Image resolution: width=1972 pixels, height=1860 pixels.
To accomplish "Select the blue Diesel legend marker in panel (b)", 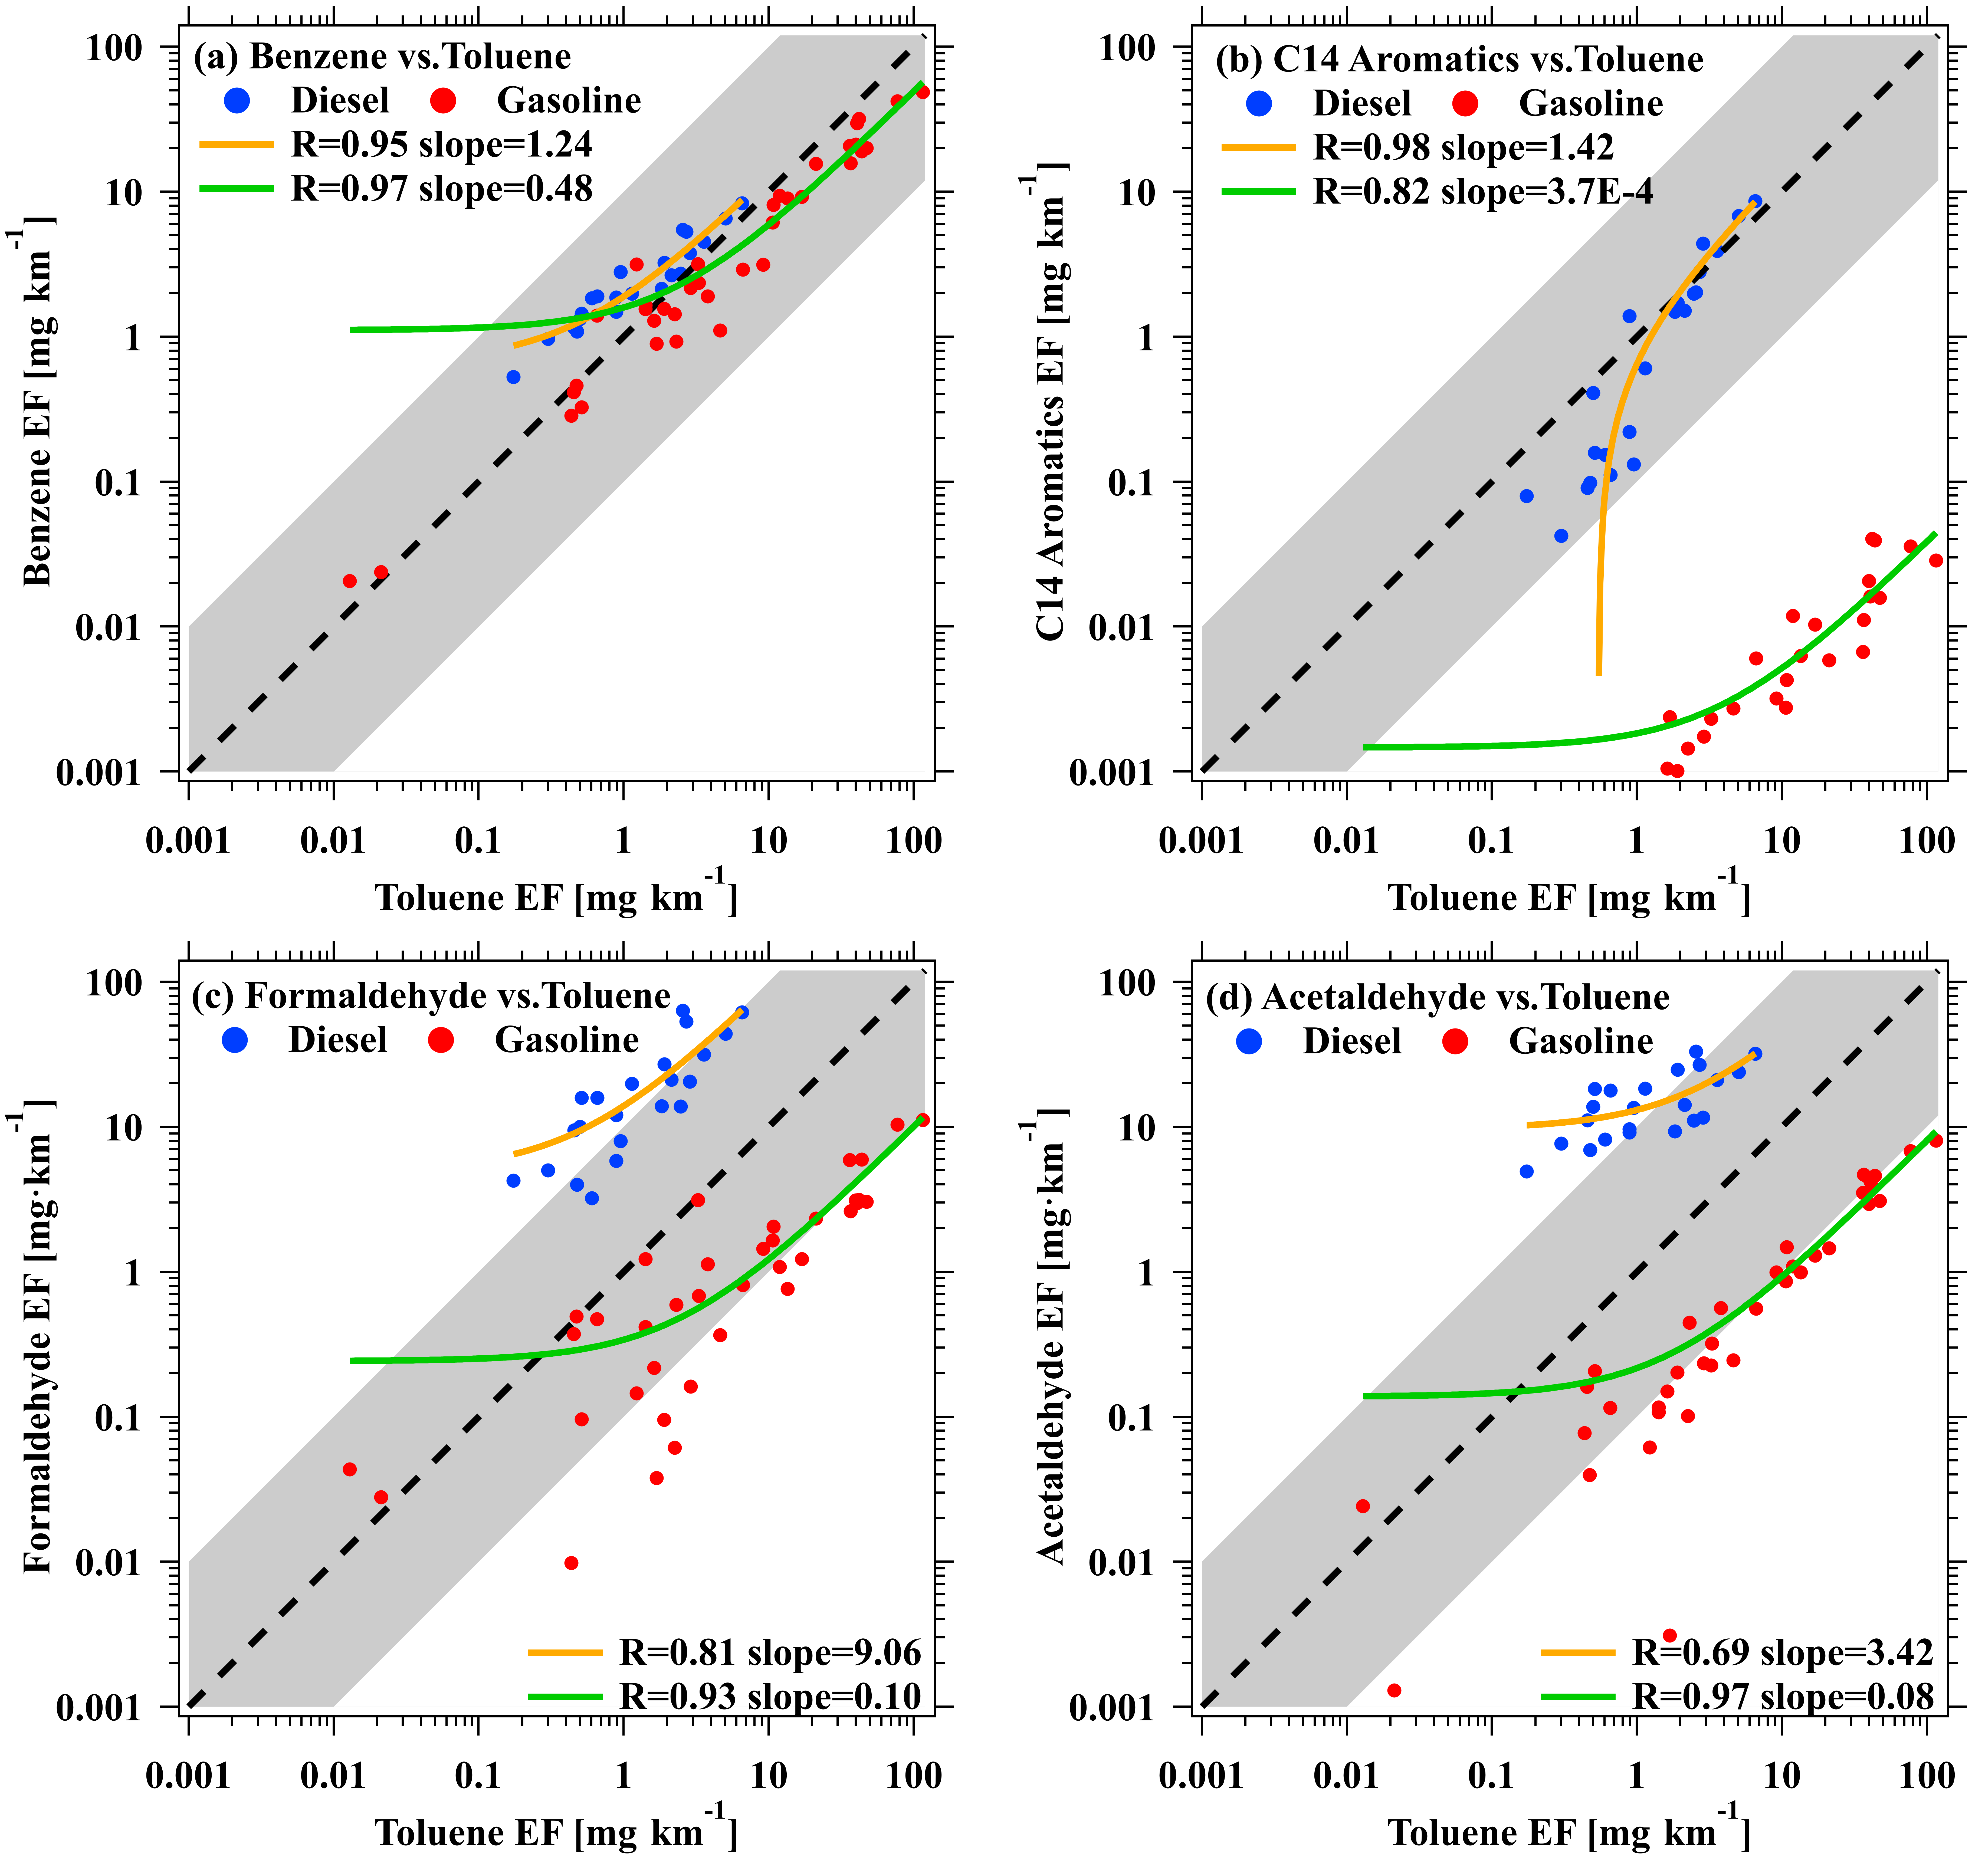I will click(x=1259, y=103).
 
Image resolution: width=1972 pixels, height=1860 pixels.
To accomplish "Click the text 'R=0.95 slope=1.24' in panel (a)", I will click(x=441, y=145).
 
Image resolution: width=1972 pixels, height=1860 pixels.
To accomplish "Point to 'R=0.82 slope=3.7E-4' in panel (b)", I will click(x=1483, y=192).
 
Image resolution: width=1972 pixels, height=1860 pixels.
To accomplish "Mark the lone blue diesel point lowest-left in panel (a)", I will click(x=513, y=377).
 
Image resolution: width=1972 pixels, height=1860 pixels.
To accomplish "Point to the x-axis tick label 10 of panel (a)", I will click(x=768, y=841).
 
